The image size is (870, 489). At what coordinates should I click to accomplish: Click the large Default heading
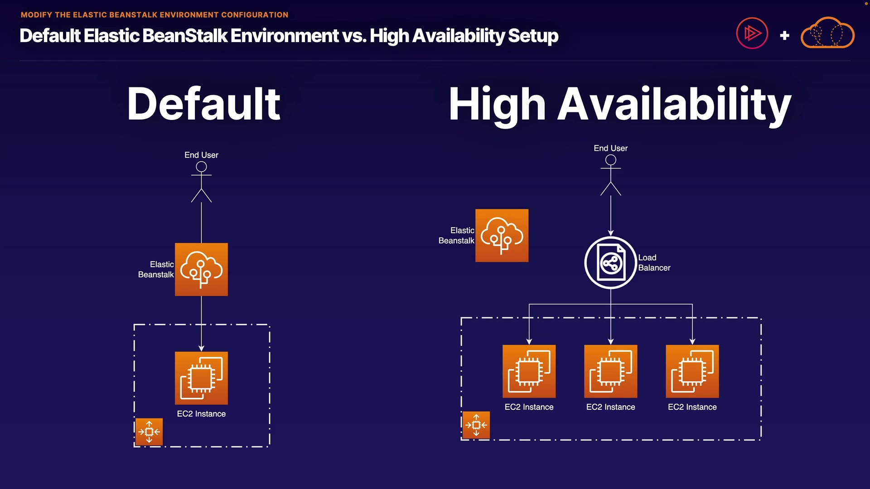tap(204, 104)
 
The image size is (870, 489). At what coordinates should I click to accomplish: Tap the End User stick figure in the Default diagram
tap(201, 182)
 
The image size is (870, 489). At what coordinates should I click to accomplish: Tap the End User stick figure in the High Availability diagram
tap(611, 175)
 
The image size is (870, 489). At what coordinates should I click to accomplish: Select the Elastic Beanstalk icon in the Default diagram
tap(201, 269)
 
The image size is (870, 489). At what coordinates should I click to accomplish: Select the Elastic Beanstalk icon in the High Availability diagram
tap(502, 235)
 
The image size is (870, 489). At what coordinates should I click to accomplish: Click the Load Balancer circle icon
tap(611, 263)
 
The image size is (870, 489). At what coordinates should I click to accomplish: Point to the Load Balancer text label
tap(654, 263)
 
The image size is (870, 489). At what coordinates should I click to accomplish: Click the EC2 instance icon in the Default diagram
tap(201, 378)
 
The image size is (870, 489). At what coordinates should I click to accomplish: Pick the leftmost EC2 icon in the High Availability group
tap(529, 371)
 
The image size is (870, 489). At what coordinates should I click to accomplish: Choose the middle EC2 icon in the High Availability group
tap(611, 371)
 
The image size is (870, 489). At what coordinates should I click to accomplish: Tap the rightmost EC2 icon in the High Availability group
tap(692, 371)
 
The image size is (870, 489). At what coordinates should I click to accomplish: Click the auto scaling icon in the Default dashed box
tap(149, 432)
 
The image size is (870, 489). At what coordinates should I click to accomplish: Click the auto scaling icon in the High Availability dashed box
tap(476, 425)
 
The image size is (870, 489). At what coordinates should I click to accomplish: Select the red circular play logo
tap(752, 33)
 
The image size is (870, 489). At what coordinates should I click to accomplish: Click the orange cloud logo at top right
tap(828, 33)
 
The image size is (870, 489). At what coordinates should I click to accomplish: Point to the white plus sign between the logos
tap(785, 35)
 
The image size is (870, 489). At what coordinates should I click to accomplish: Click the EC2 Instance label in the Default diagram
tap(201, 414)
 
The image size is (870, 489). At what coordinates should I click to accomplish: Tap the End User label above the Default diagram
tap(201, 155)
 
